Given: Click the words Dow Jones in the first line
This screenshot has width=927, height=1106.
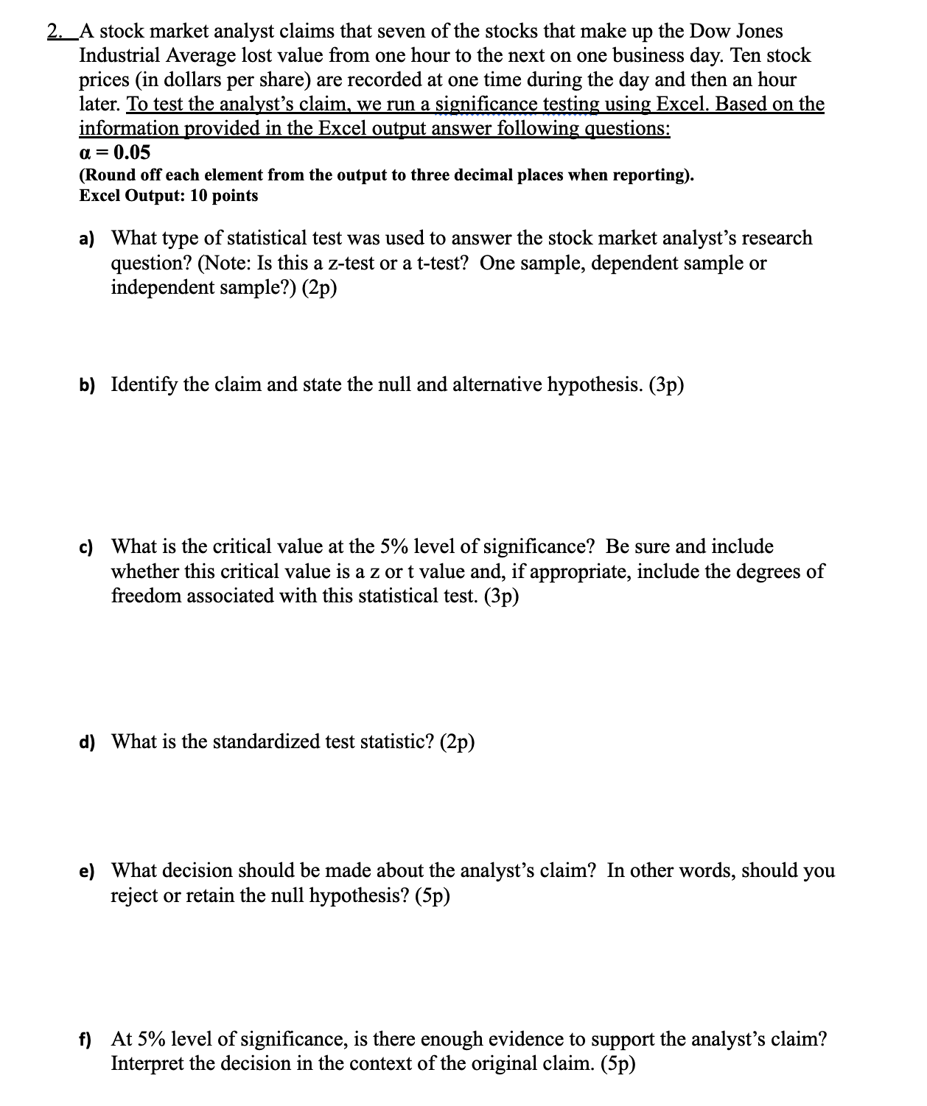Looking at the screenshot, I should pos(735,32).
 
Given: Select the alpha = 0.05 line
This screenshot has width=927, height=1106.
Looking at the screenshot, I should pos(114,152).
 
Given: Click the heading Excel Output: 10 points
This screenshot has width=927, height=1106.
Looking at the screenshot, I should pos(169,196).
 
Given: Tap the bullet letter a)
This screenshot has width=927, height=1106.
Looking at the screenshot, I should pos(88,239).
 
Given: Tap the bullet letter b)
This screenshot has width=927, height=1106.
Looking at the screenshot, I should pos(88,385).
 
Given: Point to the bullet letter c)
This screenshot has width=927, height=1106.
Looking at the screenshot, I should pos(87,547).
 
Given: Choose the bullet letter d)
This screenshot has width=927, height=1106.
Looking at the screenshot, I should pos(88,742).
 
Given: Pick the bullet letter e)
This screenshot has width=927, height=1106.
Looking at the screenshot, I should pos(88,871).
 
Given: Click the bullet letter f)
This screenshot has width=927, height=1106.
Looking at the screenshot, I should pos(86,1040).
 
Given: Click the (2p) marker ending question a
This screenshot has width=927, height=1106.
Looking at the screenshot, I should pos(319,288).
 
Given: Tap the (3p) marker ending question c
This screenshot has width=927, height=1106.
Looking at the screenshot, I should pos(501,596).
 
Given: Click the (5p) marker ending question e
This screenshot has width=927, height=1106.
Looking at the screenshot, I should pos(432,895).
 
